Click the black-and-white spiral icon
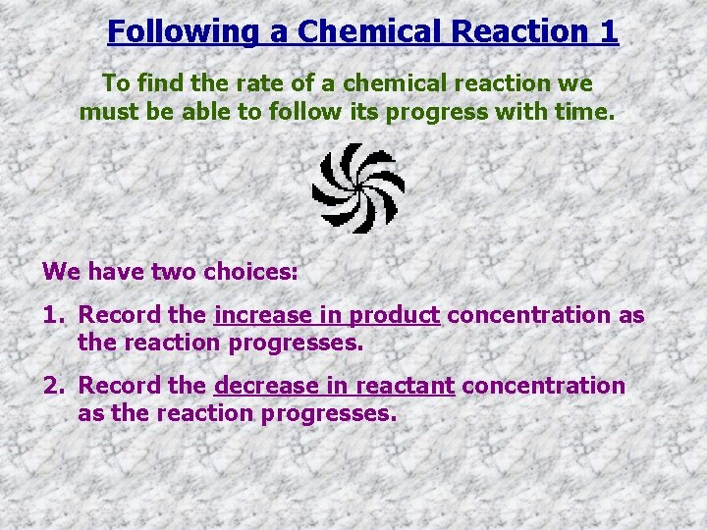(358, 187)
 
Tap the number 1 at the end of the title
(608, 31)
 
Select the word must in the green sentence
(109, 112)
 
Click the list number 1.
(51, 315)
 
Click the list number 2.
(51, 386)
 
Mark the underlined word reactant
(405, 386)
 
